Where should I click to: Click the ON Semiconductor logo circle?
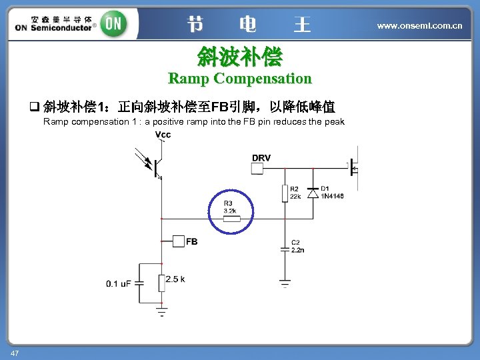tap(114, 25)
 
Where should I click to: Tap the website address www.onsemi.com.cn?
tap(419, 26)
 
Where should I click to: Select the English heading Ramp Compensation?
tap(239, 79)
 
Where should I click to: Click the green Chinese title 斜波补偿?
tap(239, 56)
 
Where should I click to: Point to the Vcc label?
tap(163, 135)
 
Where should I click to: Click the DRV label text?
tap(261, 157)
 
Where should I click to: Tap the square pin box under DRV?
tap(257, 169)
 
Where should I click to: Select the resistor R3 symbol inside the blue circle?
tap(231, 218)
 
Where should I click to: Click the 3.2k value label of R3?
tap(231, 210)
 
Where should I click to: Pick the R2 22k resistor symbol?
tap(285, 193)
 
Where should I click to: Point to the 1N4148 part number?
tap(332, 197)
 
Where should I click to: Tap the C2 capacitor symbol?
tap(285, 248)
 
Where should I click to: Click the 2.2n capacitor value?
tap(298, 250)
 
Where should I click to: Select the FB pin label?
tap(191, 241)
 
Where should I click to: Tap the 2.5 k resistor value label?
tap(176, 279)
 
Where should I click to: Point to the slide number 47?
tap(14, 352)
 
